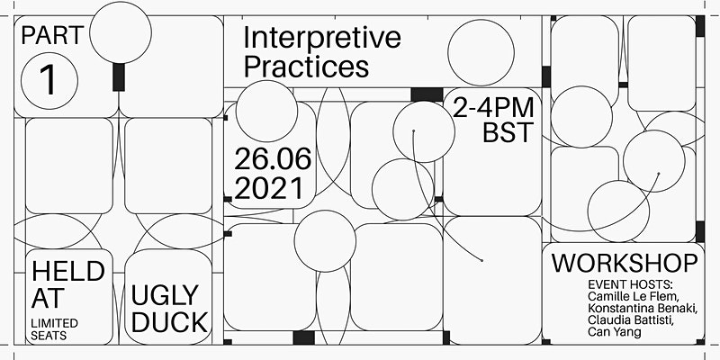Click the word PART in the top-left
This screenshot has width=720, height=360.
pyautogui.click(x=54, y=37)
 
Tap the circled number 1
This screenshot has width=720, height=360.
pyautogui.click(x=48, y=79)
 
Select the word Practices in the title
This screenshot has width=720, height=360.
pyautogui.click(x=307, y=67)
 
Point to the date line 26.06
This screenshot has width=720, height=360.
pyautogui.click(x=273, y=160)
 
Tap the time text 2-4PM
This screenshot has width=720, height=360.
pyautogui.click(x=493, y=109)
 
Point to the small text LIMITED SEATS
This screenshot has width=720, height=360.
pyautogui.click(x=55, y=328)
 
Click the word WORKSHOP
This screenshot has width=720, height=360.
pyautogui.click(x=625, y=265)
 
